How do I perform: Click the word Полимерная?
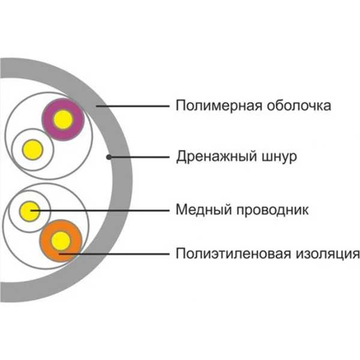(218, 106)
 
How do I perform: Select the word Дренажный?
(216, 157)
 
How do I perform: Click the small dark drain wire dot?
(109, 157)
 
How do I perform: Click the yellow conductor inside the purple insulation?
(63, 119)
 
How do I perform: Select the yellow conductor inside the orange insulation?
(61, 241)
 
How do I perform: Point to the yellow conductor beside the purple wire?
(32, 149)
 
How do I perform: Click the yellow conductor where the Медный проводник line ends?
(29, 211)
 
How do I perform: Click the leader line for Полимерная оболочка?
(133, 106)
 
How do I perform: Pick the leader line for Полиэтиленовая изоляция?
(114, 254)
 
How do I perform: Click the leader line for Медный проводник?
(100, 211)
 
